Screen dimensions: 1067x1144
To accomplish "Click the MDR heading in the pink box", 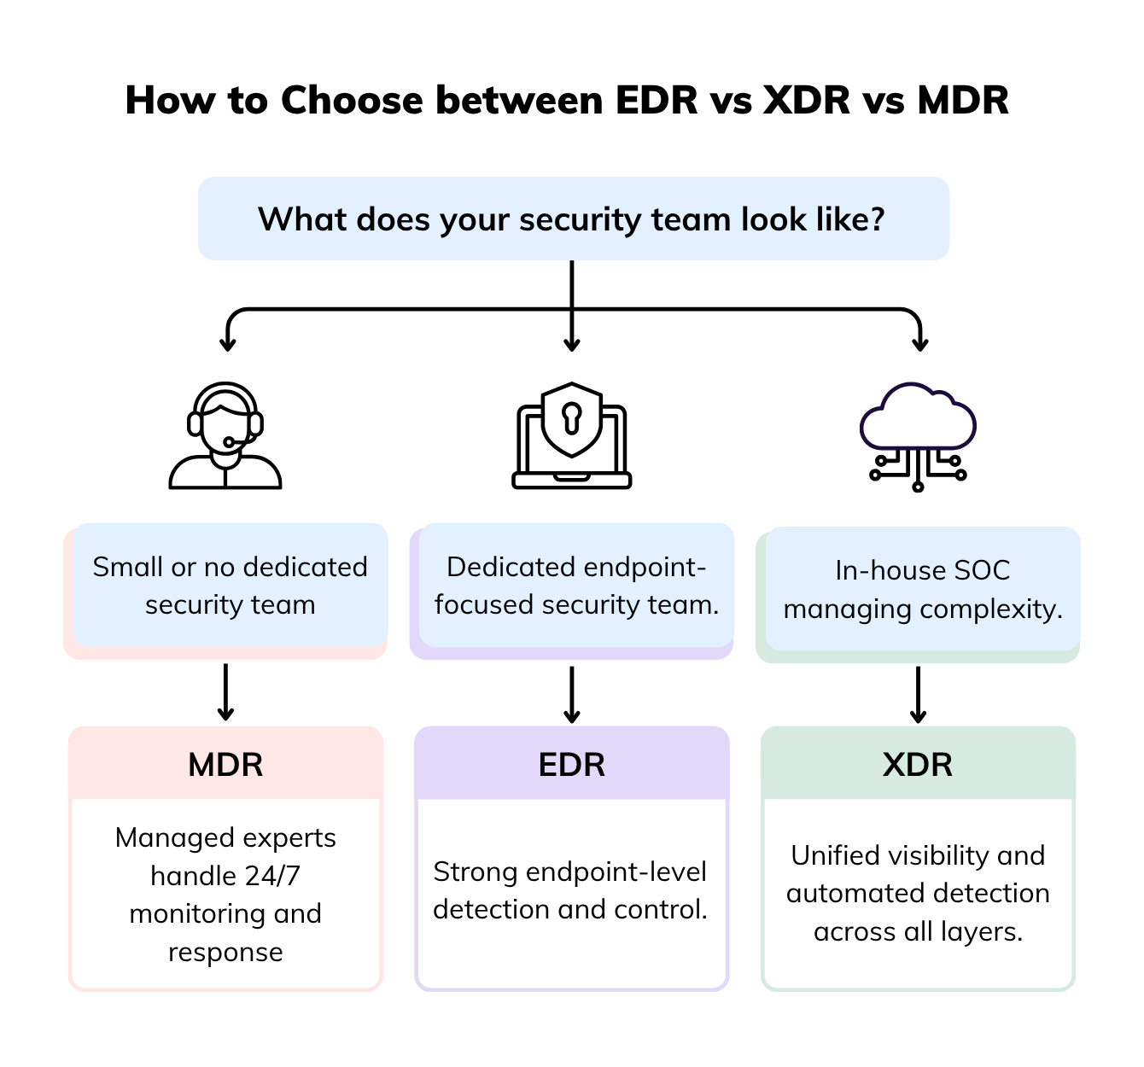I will click(225, 765).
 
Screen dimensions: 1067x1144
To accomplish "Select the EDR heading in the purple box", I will click(571, 765).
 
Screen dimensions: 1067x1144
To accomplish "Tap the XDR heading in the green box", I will click(918, 765).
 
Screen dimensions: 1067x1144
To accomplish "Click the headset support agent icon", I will click(225, 436).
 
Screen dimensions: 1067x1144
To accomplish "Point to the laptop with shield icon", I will click(571, 436).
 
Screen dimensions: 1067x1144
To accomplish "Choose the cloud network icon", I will click(918, 436).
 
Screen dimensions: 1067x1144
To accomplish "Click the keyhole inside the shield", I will click(571, 417).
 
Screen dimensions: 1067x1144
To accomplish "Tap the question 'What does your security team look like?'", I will click(571, 219).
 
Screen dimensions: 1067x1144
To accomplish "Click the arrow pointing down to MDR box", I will click(225, 692).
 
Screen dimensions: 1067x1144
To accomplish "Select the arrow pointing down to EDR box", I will click(572, 694).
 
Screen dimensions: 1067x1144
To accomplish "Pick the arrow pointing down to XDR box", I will click(918, 694).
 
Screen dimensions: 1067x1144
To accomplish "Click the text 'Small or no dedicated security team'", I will click(230, 586).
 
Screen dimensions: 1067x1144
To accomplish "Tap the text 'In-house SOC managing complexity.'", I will click(923, 590).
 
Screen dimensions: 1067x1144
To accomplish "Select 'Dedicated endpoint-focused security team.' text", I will click(576, 586).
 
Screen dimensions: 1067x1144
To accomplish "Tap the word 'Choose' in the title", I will click(352, 101).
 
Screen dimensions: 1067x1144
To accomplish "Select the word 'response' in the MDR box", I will click(225, 952).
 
